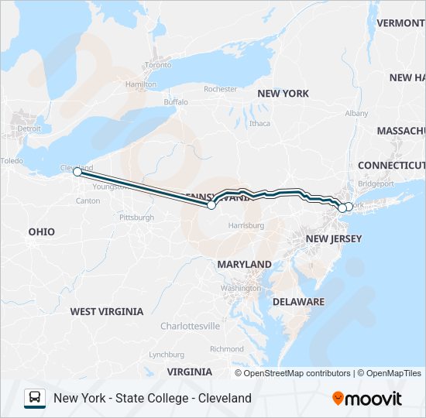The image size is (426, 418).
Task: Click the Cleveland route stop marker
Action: (x=77, y=172)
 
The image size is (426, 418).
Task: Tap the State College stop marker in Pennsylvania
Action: (x=211, y=205)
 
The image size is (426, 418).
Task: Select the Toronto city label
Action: (x=157, y=65)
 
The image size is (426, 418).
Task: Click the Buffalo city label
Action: (x=176, y=102)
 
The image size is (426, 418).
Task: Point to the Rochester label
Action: (x=221, y=89)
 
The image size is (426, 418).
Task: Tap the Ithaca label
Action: (x=259, y=123)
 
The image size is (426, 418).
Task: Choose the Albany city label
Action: (x=357, y=113)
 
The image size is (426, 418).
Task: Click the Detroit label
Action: (x=29, y=128)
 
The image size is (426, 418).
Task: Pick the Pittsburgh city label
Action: (x=136, y=218)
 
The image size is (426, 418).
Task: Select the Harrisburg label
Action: (x=246, y=225)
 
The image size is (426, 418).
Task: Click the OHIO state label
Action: (x=42, y=231)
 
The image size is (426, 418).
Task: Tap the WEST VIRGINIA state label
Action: (x=107, y=311)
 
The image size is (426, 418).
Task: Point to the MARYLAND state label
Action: (x=244, y=264)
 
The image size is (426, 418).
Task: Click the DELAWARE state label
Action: (x=298, y=301)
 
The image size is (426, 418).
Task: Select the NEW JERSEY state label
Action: (x=334, y=238)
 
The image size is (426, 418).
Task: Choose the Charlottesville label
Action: (x=190, y=327)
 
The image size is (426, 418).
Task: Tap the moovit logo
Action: (x=367, y=398)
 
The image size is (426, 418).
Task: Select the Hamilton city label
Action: (x=140, y=84)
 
